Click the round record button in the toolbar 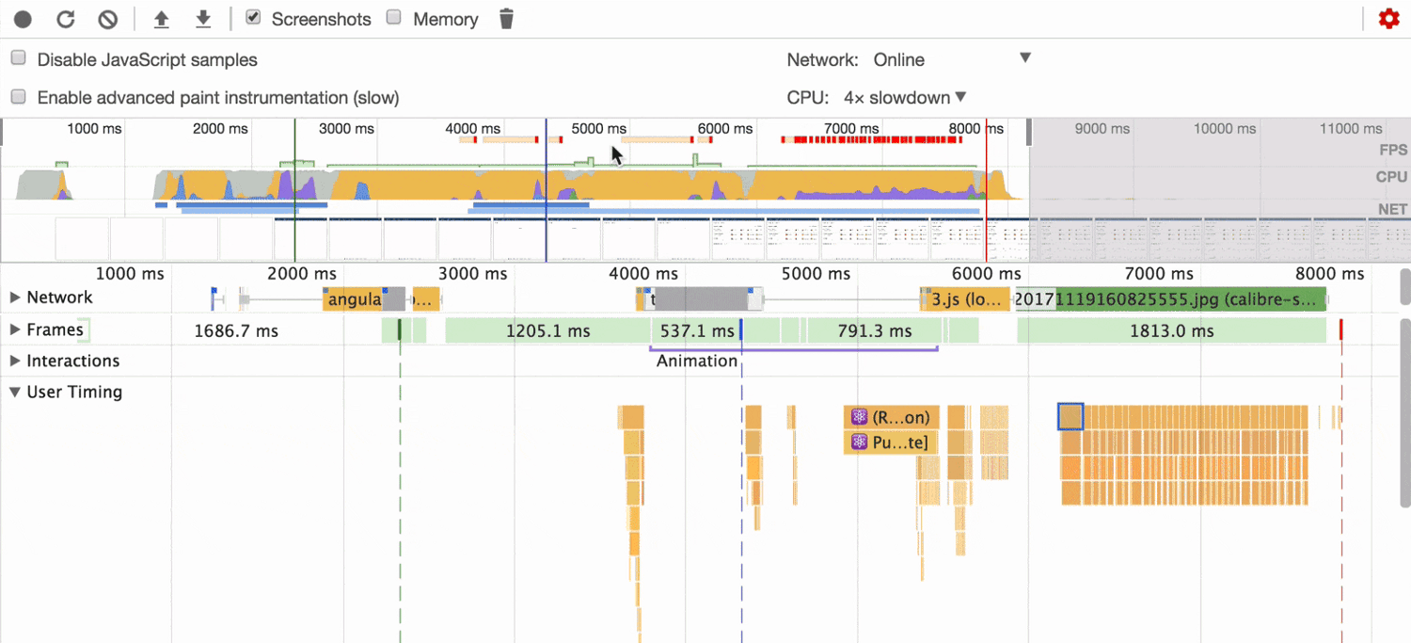pyautogui.click(x=24, y=19)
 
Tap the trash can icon pyautogui.click(x=506, y=19)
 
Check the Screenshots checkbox pyautogui.click(x=252, y=18)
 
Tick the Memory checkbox pyautogui.click(x=394, y=18)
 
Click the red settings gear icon pyautogui.click(x=1388, y=19)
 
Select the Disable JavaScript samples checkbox pyautogui.click(x=18, y=58)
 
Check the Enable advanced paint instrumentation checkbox pyautogui.click(x=18, y=97)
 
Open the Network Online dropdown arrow pyautogui.click(x=1025, y=58)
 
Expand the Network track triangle pyautogui.click(x=15, y=297)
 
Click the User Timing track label pyautogui.click(x=74, y=392)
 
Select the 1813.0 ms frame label pyautogui.click(x=1170, y=331)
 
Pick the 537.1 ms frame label pyautogui.click(x=696, y=331)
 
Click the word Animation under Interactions pyautogui.click(x=697, y=361)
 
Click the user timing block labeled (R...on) pyautogui.click(x=891, y=417)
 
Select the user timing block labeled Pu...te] pyautogui.click(x=891, y=442)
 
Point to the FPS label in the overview pyautogui.click(x=1392, y=150)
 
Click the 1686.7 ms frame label pyautogui.click(x=236, y=331)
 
